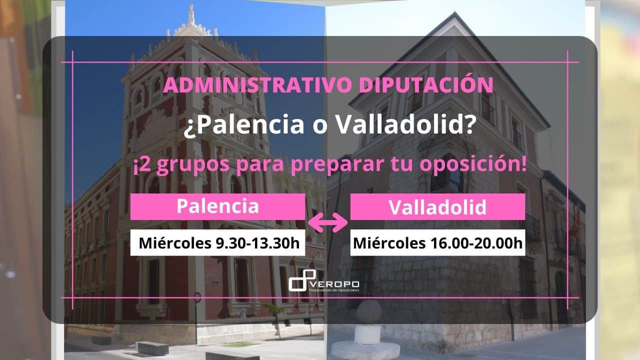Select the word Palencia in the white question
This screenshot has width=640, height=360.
click(244, 125)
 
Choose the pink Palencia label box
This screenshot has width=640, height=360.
click(217, 206)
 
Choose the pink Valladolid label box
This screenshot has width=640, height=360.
click(437, 206)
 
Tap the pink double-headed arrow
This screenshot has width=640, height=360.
click(327, 222)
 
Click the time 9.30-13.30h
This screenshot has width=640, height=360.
click(257, 243)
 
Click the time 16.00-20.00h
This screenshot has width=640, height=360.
click(476, 243)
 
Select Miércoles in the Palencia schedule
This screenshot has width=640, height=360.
click(175, 243)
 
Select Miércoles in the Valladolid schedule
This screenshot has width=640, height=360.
click(389, 243)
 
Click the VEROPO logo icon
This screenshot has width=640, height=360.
click(302, 280)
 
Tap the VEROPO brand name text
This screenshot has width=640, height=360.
click(335, 284)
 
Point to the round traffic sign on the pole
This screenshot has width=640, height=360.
click(197, 297)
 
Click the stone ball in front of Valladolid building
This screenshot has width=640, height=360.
click(369, 311)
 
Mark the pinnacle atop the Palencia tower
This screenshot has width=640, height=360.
click(191, 14)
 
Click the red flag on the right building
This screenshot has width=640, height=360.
click(576, 223)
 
